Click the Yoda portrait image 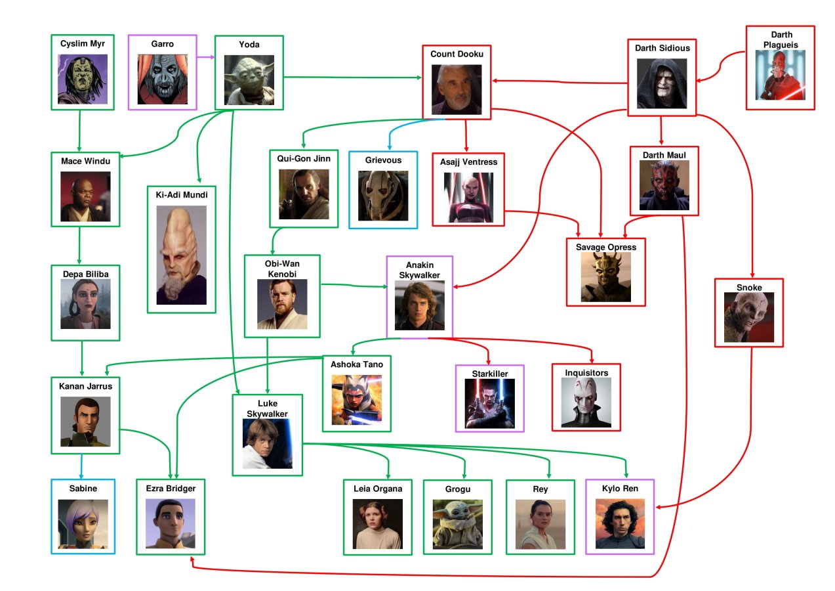coord(249,80)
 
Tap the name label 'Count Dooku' coord(457,54)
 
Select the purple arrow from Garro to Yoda coord(206,57)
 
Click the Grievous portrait coord(383,196)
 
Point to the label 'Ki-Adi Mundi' coord(182,195)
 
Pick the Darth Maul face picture coord(664,185)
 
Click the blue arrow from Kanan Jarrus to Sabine coord(81,466)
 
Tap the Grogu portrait coord(457,524)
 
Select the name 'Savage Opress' coord(605,247)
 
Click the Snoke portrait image coord(749,317)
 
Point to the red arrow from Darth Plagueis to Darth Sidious coord(720,66)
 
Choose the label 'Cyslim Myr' coord(83,43)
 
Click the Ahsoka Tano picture coord(356,400)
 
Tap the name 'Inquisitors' coord(586,373)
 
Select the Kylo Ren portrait coord(620,524)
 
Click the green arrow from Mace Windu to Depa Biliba coord(79,246)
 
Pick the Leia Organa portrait coord(378,524)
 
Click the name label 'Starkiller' coord(490,374)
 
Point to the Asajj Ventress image coord(468,198)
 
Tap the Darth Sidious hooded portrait coord(662,83)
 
